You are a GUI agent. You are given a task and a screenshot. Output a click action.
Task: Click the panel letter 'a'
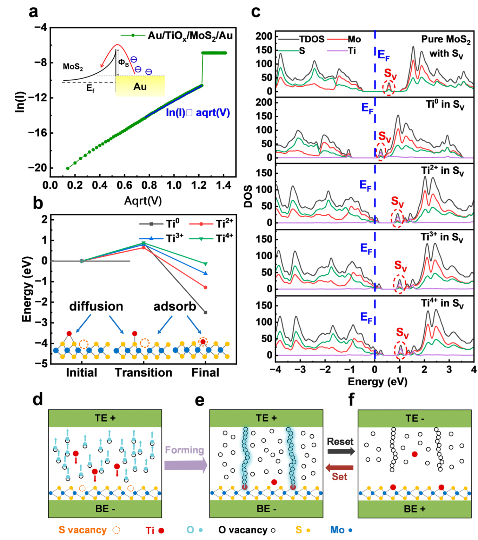coord(33,12)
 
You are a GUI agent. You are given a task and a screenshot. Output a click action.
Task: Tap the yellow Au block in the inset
coord(140,86)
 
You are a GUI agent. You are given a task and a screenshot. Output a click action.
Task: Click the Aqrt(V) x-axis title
coord(143,201)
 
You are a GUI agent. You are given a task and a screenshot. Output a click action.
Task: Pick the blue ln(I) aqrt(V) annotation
coord(198,113)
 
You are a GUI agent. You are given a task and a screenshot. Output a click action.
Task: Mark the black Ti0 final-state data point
coord(205,312)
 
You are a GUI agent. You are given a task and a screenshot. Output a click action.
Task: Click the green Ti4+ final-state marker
coord(205,264)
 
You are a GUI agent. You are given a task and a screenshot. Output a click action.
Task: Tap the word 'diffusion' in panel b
coord(96,306)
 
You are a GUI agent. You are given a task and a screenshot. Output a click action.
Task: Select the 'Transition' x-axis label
coord(144,372)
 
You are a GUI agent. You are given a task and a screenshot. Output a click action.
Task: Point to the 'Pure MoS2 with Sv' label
coord(446,46)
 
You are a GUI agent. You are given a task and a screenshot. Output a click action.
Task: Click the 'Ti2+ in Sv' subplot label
coord(443,171)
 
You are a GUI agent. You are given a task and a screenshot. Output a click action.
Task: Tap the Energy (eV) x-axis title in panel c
coord(377,381)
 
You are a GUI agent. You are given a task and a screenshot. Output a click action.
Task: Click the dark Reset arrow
coord(341,451)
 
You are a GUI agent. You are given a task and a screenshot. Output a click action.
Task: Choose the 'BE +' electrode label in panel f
coord(414,509)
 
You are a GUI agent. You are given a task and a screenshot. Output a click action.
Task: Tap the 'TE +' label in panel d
coord(105,418)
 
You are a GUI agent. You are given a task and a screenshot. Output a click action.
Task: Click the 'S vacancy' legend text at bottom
coord(82,530)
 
